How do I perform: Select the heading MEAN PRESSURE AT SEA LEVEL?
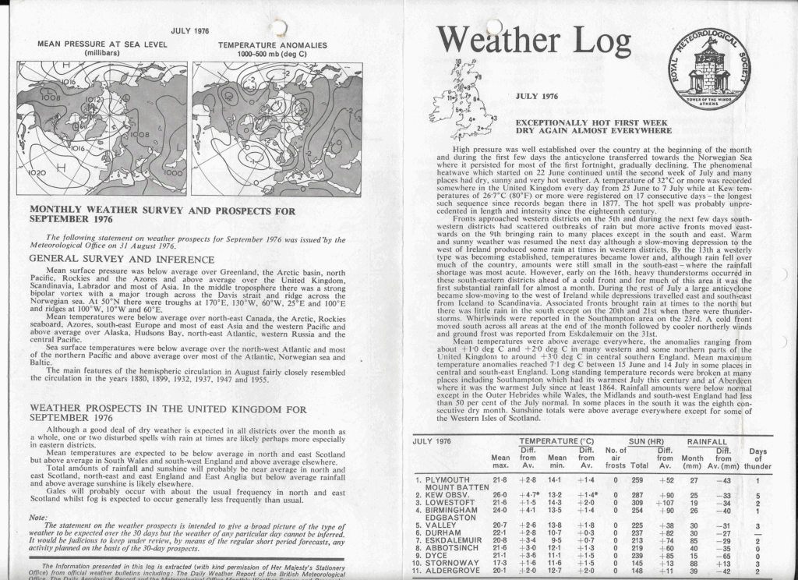[x=102, y=45]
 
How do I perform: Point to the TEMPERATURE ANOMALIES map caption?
[x=272, y=45]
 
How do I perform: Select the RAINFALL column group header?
[x=707, y=441]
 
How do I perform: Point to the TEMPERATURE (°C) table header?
[x=556, y=441]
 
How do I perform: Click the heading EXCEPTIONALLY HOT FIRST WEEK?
[x=593, y=122]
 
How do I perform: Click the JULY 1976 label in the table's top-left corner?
[x=433, y=441]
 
